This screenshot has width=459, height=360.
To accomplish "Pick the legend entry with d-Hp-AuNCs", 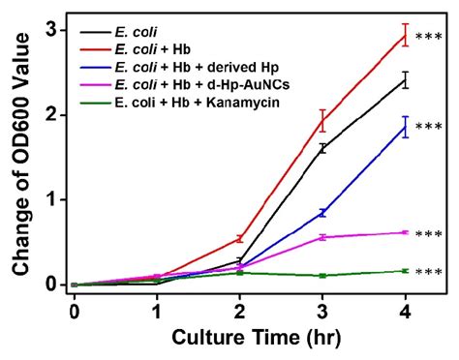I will tap(195, 83).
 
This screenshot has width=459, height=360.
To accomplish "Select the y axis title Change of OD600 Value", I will tap(19, 155).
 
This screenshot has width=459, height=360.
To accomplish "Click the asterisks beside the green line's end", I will tap(428, 272).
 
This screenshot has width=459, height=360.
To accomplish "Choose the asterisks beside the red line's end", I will tap(428, 37).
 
